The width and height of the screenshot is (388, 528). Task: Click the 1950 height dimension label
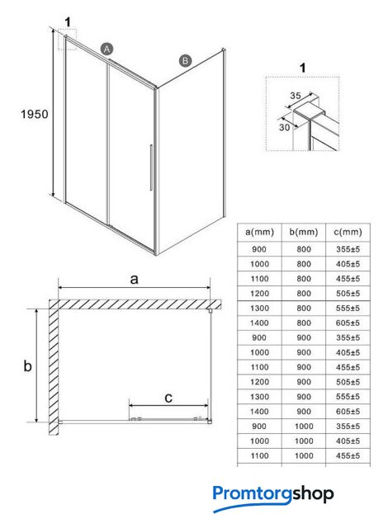[x=35, y=114]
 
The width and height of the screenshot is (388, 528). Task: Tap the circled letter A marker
[x=106, y=49]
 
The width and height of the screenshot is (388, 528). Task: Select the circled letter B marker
[x=185, y=61]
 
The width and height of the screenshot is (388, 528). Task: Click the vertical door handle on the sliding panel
[x=151, y=167]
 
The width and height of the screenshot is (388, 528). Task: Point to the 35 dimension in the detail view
[x=296, y=96]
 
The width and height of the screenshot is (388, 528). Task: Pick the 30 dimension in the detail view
[x=284, y=127]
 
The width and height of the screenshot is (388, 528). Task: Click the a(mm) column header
[x=259, y=232]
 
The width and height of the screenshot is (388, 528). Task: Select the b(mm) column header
[x=304, y=232]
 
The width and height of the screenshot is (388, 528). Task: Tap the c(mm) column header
[x=348, y=232]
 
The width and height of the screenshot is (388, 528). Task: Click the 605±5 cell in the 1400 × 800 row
[x=348, y=323]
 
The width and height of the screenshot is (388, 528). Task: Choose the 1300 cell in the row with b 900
[x=259, y=397]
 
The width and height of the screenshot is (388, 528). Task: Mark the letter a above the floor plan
[x=134, y=279]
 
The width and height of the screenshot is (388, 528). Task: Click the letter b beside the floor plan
[x=27, y=365]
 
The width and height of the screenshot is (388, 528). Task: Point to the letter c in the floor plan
[x=168, y=398]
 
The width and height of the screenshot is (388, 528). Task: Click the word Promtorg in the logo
[x=253, y=494]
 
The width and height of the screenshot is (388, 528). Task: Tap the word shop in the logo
[x=313, y=494]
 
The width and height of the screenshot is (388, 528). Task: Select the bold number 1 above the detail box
[x=303, y=68]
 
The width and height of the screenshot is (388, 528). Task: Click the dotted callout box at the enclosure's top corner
[x=68, y=40]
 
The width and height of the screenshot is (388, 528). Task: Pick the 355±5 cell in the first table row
[x=348, y=249]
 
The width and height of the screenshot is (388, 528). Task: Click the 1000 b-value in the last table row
[x=304, y=455]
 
